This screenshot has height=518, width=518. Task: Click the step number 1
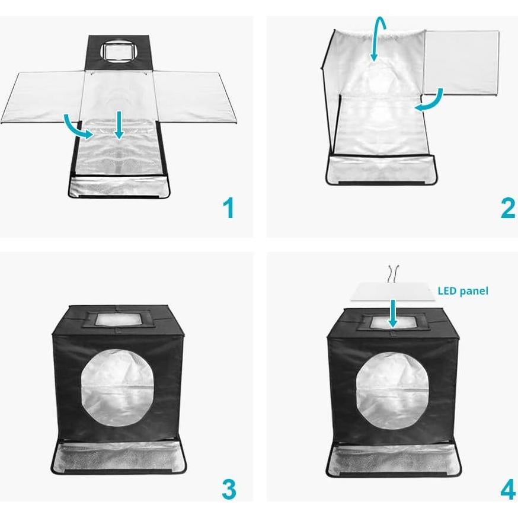point(228,209)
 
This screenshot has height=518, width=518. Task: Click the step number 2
point(507,209)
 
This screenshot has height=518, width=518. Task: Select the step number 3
point(228,490)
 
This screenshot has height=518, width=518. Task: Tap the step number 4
point(507,490)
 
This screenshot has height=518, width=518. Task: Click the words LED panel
point(463,291)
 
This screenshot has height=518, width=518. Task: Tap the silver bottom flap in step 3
point(119,456)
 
